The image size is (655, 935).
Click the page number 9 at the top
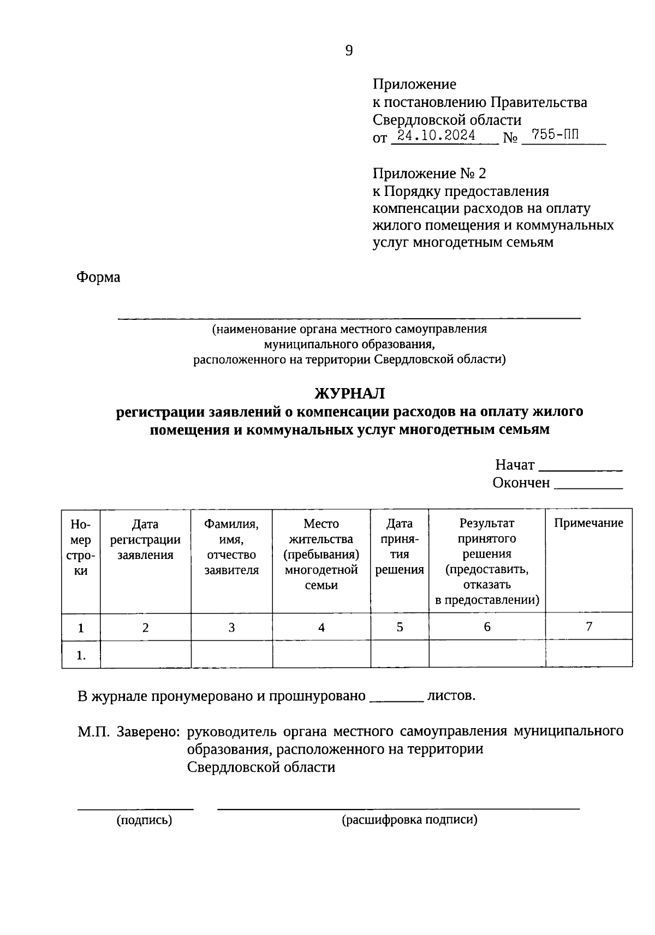pyautogui.click(x=349, y=51)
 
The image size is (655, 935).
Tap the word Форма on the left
pyautogui.click(x=98, y=277)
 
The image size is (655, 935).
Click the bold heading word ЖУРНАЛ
pyautogui.click(x=349, y=393)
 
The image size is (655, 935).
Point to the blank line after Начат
pyautogui.click(x=581, y=468)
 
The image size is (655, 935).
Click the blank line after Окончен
pyautogui.click(x=588, y=486)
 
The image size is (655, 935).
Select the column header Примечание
pyautogui.click(x=588, y=523)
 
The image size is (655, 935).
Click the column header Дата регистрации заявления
pyautogui.click(x=145, y=539)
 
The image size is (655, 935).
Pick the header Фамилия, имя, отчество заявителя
pyautogui.click(x=231, y=547)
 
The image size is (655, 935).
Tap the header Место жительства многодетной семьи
pyautogui.click(x=321, y=554)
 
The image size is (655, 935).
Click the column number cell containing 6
pyautogui.click(x=487, y=627)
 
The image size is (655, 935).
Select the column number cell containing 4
pyautogui.click(x=321, y=627)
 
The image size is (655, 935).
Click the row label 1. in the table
pyautogui.click(x=81, y=655)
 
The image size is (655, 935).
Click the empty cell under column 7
pyautogui.click(x=588, y=654)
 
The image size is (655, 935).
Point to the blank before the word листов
pyautogui.click(x=397, y=699)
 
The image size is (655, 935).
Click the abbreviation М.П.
pyautogui.click(x=94, y=731)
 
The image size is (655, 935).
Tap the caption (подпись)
pyautogui.click(x=144, y=820)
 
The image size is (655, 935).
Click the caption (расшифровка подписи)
pyautogui.click(x=409, y=820)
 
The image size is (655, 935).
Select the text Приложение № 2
pyautogui.click(x=429, y=174)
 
